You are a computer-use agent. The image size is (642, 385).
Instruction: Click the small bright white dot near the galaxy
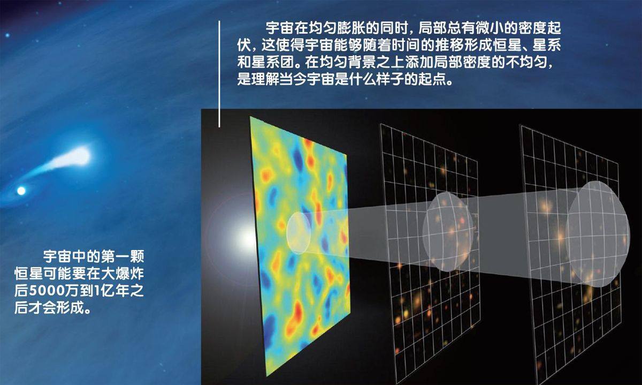pos(21,190)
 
